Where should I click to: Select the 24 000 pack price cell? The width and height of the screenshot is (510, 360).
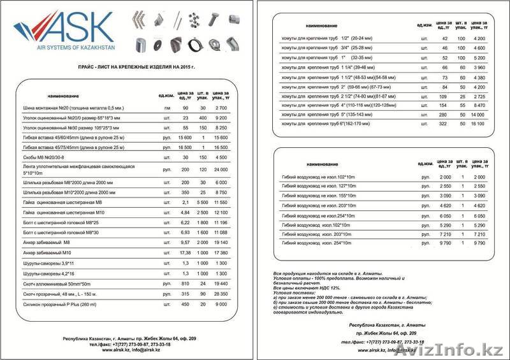[x=221, y=169]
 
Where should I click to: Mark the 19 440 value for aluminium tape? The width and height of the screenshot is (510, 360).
[x=221, y=283]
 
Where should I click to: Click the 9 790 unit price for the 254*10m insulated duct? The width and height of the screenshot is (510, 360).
[x=445, y=243]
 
